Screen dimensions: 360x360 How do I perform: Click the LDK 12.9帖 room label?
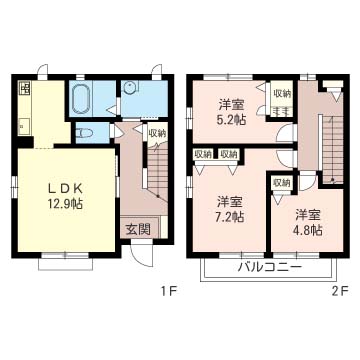(65, 196)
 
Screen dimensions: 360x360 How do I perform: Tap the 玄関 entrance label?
(138, 229)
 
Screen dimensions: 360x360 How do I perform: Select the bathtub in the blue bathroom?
(81, 98)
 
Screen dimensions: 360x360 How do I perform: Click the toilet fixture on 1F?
(82, 133)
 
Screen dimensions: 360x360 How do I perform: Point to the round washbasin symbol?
(129, 88)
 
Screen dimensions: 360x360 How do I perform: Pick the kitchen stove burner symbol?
(25, 88)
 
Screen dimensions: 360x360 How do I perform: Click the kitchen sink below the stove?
(24, 127)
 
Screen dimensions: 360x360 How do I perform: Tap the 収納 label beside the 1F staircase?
(157, 133)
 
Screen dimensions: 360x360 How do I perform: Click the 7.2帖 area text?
(231, 217)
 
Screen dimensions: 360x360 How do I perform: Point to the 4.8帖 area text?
(308, 230)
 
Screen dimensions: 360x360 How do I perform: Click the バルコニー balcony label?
(269, 267)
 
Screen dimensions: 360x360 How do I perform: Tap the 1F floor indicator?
(168, 292)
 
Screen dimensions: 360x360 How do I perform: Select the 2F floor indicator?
(341, 292)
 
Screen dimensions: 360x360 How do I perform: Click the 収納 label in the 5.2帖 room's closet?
(282, 94)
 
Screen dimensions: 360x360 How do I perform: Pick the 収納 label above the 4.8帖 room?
(281, 183)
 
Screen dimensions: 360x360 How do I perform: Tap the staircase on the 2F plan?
(332, 148)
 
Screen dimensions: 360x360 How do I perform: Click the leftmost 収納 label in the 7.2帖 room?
(203, 154)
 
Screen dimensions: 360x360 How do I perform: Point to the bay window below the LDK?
(65, 262)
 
